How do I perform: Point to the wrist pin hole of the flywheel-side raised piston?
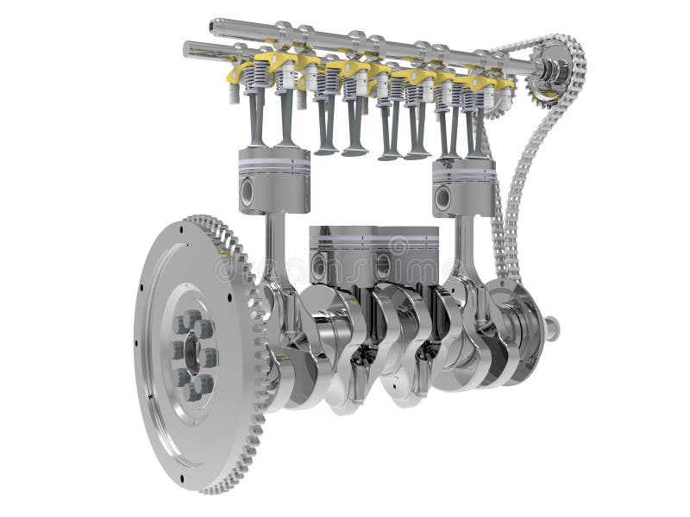[x=248, y=193]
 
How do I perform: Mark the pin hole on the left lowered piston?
[x=320, y=266]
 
